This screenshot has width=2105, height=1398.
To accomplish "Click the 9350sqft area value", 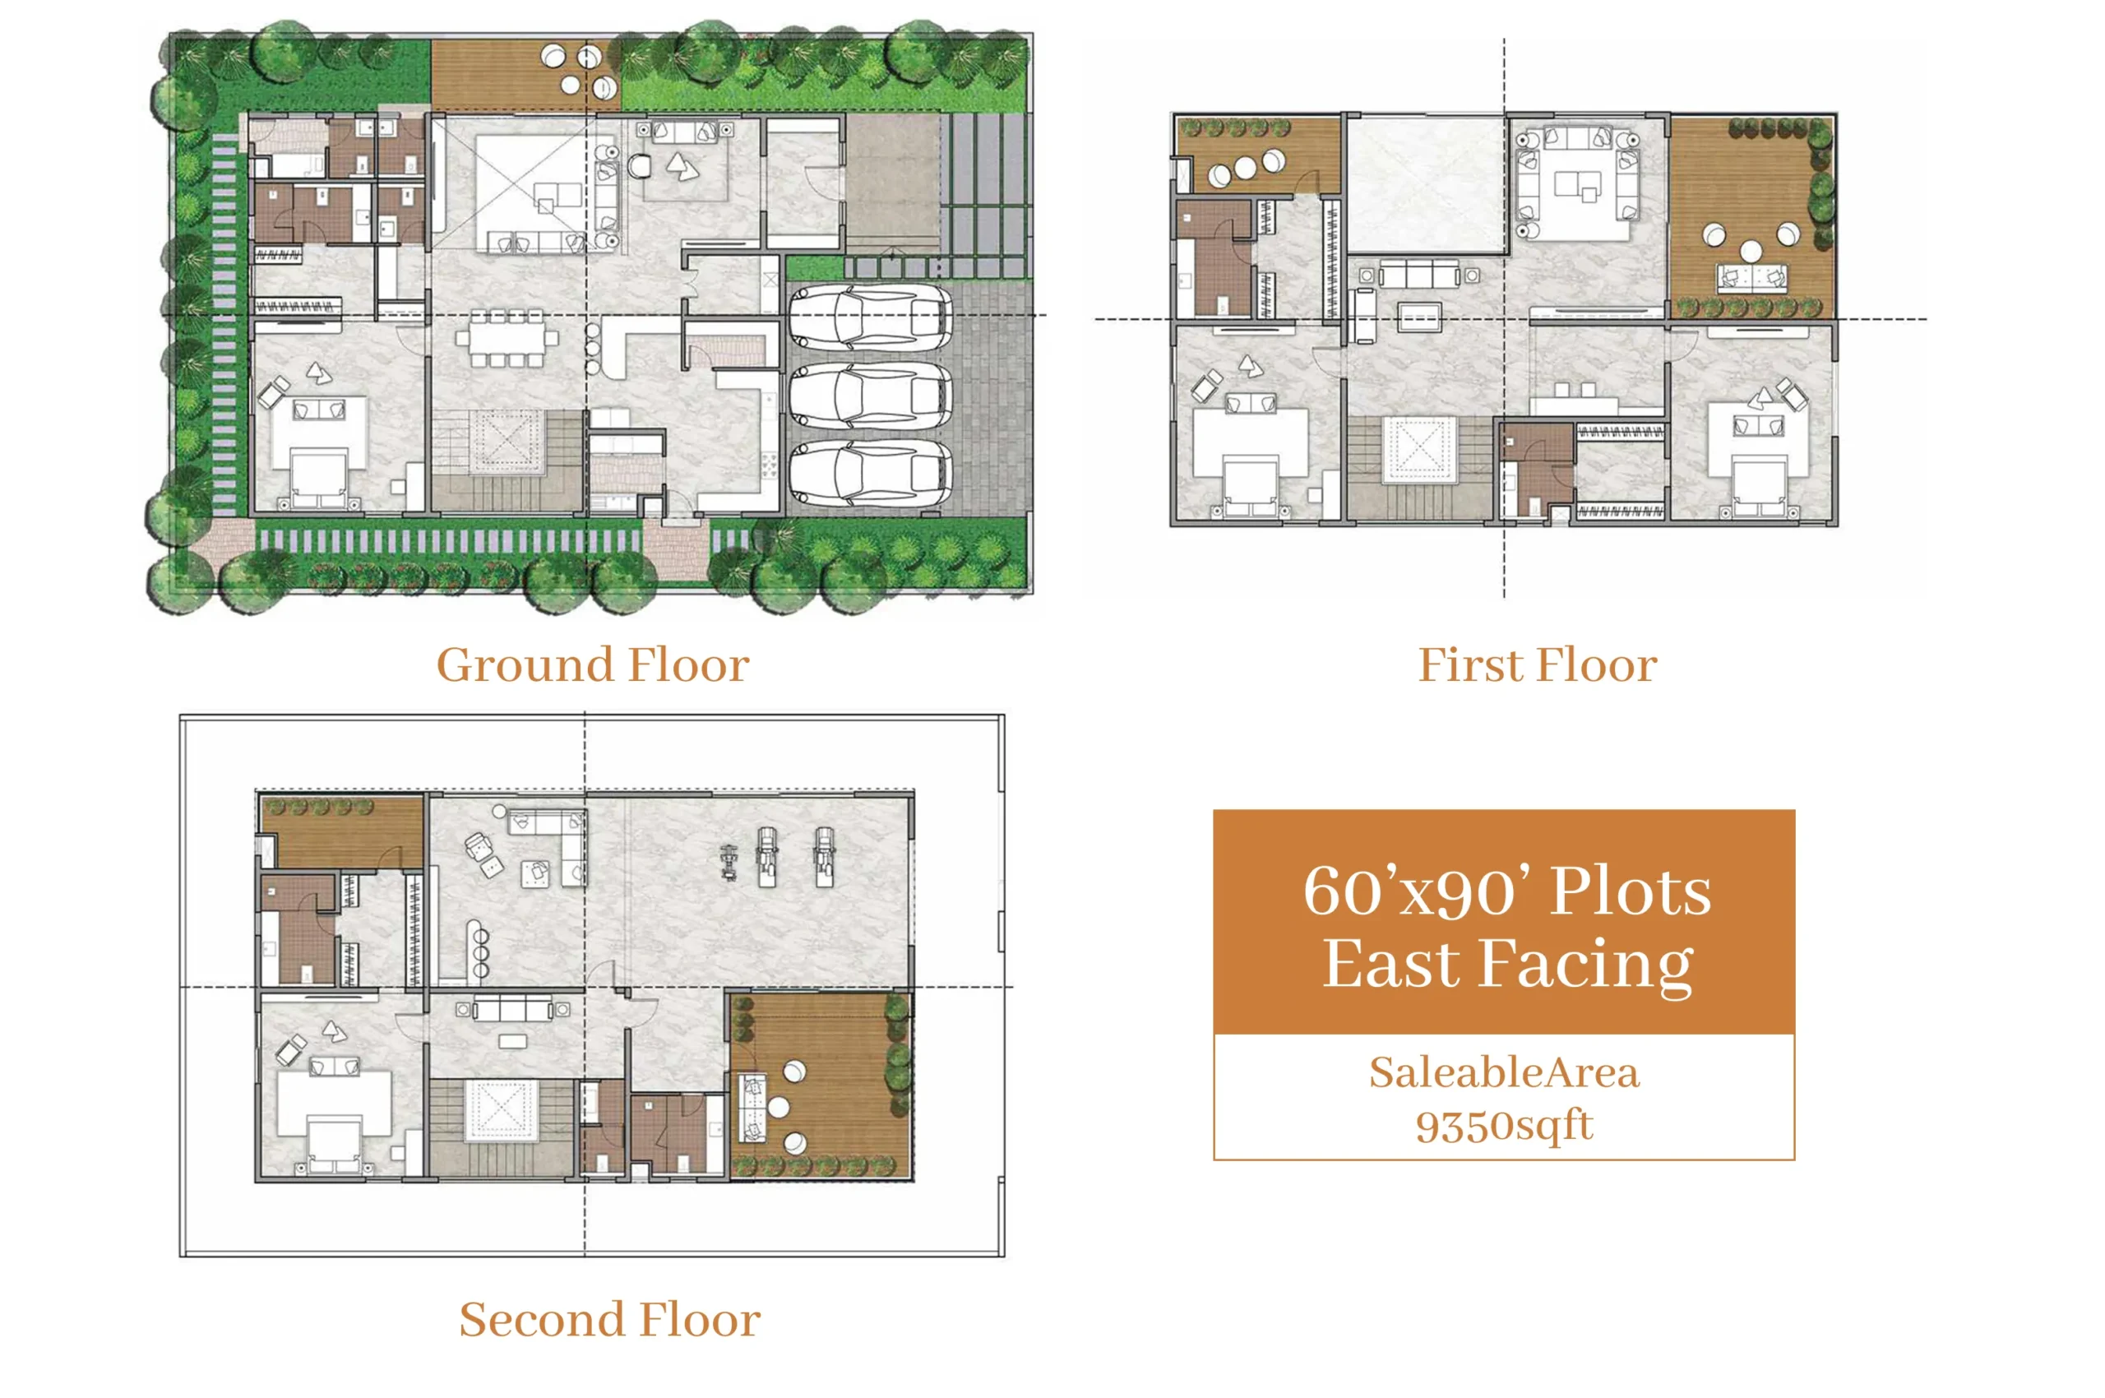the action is tap(1503, 1125).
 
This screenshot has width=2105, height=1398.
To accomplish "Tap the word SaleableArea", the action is tap(1503, 1072).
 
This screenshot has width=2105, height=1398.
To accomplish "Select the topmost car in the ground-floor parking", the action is tap(870, 317).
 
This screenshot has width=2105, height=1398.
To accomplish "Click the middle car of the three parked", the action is tap(870, 396).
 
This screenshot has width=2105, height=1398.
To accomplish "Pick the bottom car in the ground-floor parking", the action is tap(870, 474).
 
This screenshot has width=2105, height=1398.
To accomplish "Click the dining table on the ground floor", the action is tap(507, 338).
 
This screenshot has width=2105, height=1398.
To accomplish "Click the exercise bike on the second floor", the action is tap(729, 862).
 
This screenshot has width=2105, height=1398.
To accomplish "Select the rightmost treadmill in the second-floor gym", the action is tap(825, 857).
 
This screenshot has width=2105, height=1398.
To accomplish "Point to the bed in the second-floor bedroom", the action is tap(335, 1146).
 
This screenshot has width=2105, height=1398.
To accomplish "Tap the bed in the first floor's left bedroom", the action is tap(1250, 487).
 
